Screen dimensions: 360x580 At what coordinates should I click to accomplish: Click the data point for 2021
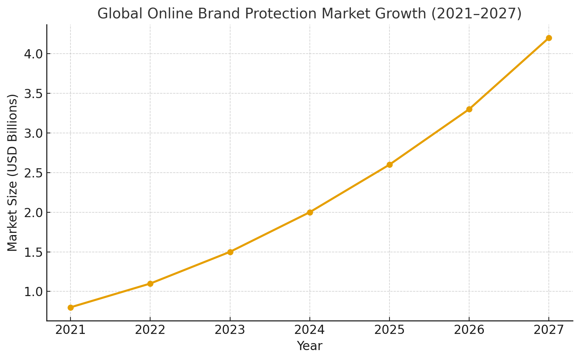click(70, 307)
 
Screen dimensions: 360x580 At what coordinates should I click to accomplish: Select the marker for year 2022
click(150, 284)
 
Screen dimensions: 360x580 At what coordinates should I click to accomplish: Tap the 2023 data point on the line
click(230, 252)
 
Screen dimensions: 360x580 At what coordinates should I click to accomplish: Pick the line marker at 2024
click(310, 212)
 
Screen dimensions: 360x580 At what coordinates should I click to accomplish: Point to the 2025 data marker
click(389, 165)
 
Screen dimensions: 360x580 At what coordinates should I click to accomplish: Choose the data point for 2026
click(469, 109)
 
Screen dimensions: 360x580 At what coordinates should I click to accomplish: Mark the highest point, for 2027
click(549, 38)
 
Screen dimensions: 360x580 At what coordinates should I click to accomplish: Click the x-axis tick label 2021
click(70, 330)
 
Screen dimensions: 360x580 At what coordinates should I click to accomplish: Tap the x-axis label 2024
click(310, 330)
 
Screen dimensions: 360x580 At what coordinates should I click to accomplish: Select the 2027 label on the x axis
click(549, 330)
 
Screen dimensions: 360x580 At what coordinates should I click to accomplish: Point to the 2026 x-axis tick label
click(469, 330)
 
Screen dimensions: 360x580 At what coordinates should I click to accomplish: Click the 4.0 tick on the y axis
click(33, 54)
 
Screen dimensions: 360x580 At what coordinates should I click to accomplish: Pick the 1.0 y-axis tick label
click(33, 292)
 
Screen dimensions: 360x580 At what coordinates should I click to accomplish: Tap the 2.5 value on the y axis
click(33, 173)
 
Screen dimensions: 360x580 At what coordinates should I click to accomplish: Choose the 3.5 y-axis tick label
click(33, 94)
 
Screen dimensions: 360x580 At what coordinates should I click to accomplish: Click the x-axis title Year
click(309, 346)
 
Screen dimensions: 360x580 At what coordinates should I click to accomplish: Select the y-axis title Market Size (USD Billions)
click(13, 173)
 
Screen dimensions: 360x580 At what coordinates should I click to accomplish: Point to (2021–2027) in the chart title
click(476, 14)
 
